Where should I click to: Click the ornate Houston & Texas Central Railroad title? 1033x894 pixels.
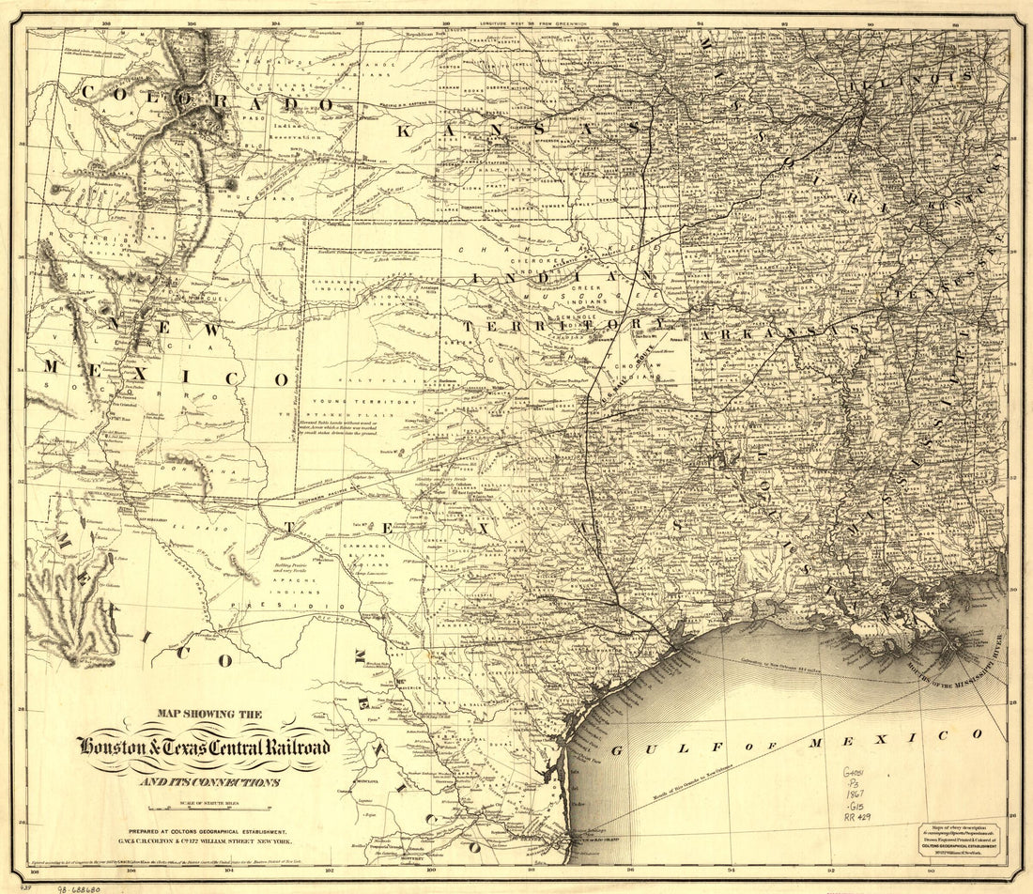204,748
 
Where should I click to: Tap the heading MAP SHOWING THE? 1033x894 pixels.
204,715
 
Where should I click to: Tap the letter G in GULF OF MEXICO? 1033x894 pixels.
618,751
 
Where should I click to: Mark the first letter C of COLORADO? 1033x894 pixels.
91,92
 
